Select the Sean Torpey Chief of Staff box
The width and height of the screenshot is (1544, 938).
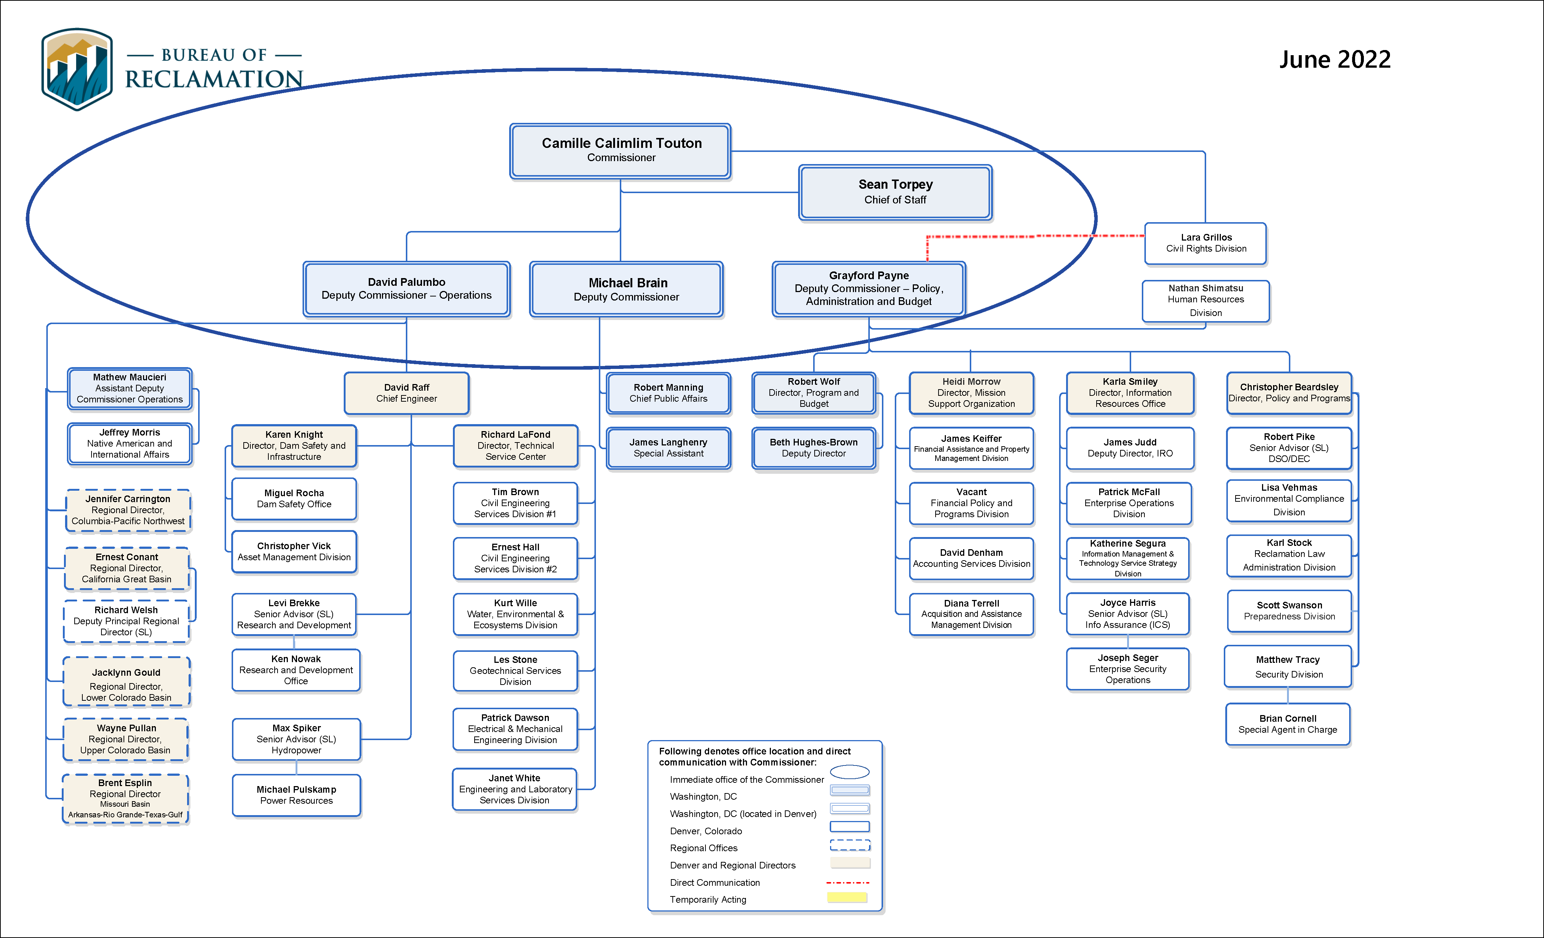click(895, 192)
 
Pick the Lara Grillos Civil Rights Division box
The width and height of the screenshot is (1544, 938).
click(1205, 243)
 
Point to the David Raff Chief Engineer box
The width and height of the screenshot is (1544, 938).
click(406, 393)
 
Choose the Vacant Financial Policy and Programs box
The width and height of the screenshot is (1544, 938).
click(971, 503)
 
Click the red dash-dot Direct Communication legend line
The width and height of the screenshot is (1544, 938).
click(847, 882)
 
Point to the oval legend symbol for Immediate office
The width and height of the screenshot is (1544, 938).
click(849, 772)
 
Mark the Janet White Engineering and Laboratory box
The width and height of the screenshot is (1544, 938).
click(514, 789)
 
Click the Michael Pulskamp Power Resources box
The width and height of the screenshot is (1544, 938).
click(296, 795)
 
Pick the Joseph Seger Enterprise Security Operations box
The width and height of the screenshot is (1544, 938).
click(1127, 669)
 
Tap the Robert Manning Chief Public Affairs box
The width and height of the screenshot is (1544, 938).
click(668, 393)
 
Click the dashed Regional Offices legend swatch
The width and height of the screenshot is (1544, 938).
click(850, 845)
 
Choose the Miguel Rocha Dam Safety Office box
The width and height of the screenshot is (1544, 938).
click(294, 498)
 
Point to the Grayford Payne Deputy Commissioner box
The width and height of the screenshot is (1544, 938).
click(868, 288)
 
